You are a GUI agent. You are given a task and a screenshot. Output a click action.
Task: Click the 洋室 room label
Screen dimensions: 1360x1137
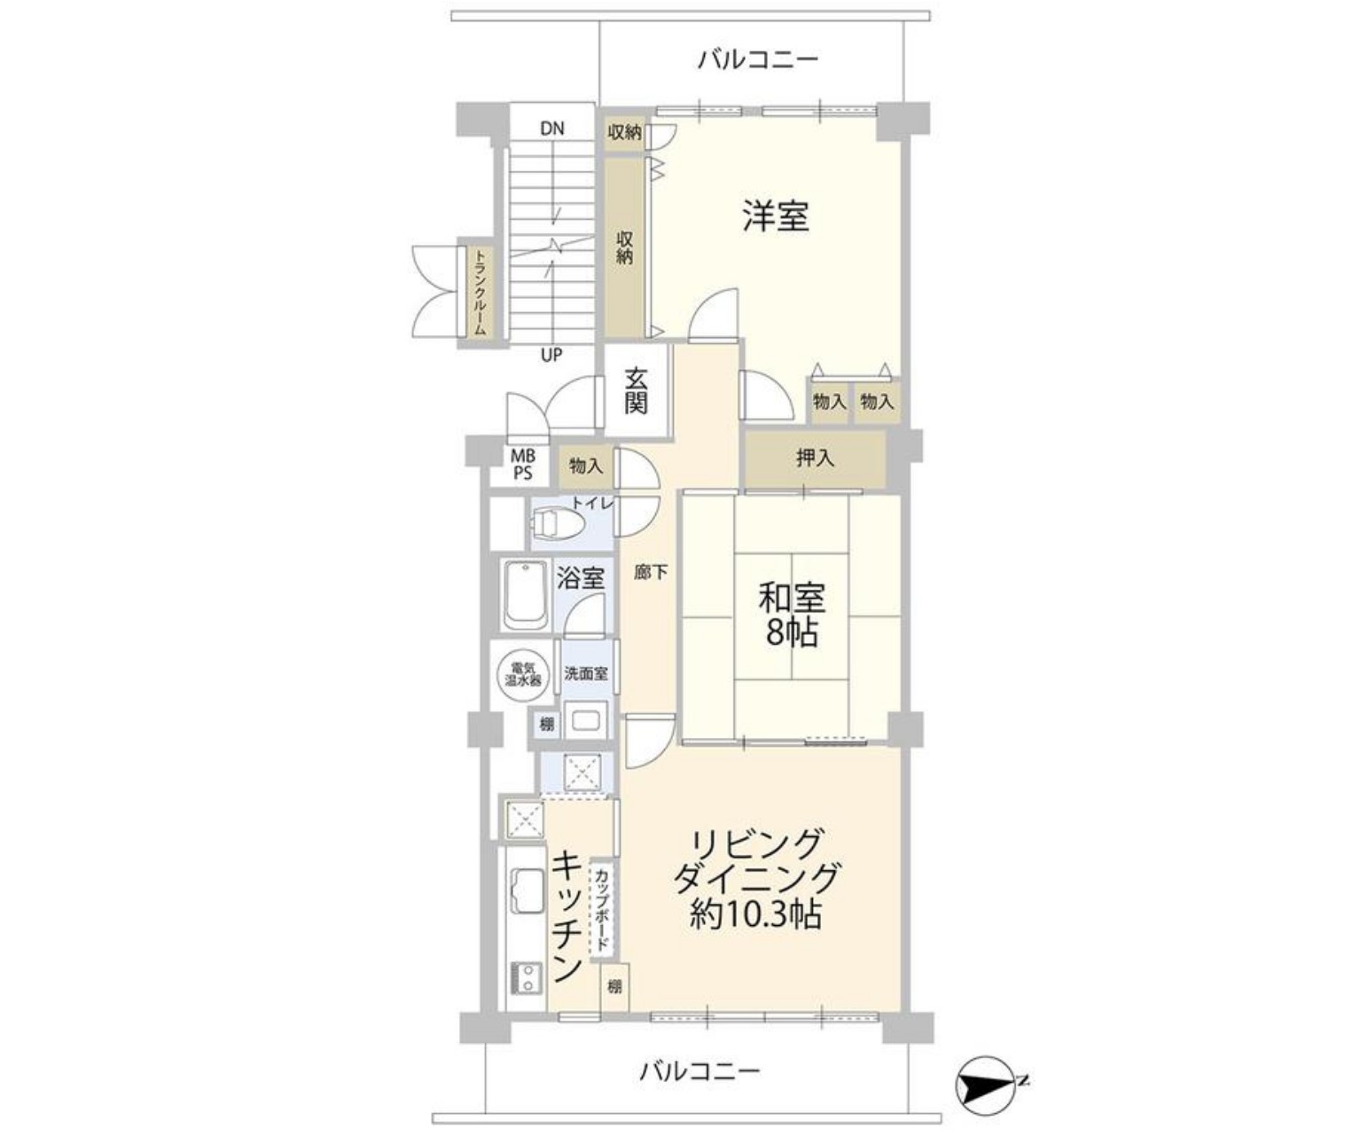[777, 216]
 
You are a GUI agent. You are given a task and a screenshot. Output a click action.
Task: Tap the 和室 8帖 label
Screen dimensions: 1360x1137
[792, 615]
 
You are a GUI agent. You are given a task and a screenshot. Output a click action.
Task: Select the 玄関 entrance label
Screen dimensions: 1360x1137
[637, 391]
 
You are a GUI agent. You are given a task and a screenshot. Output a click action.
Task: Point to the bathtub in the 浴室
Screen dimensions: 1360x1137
[526, 593]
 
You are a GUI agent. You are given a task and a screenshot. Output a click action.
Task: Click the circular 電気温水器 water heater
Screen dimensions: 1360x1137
[523, 674]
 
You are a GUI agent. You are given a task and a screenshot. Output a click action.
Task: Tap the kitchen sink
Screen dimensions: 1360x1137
[528, 891]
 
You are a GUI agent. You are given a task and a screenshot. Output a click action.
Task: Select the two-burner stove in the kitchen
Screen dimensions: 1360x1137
[526, 976]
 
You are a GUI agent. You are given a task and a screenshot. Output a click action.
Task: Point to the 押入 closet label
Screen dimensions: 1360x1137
[815, 458]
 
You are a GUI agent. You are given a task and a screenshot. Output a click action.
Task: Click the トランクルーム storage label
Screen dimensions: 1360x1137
[480, 292]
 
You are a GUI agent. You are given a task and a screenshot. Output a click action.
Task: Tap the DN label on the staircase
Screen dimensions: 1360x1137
[552, 129]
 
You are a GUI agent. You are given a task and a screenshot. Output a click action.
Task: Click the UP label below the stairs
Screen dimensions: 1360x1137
[551, 355]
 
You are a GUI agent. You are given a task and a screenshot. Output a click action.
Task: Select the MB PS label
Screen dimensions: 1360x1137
[522, 463]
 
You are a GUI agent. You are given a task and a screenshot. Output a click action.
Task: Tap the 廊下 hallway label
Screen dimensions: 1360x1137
[651, 572]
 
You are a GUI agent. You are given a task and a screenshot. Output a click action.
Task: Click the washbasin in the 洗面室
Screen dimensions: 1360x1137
[586, 721]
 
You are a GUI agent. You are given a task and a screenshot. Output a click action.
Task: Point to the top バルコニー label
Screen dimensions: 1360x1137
[758, 60]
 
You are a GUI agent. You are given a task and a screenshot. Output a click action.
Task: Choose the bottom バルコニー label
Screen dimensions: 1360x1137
[700, 1070]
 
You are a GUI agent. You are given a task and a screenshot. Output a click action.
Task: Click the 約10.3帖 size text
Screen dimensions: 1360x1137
[754, 914]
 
